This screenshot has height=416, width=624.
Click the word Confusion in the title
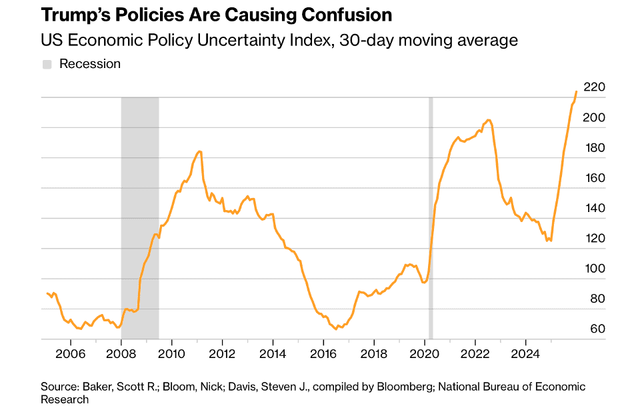point(345,15)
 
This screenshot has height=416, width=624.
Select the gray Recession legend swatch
point(47,64)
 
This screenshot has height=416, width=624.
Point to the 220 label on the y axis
point(593,87)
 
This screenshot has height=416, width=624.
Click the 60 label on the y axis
point(597,329)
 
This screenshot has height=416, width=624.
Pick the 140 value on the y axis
point(593,208)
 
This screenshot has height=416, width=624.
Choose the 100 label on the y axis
point(593,269)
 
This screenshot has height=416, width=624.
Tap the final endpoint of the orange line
point(576,92)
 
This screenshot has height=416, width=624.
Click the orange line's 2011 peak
point(199,151)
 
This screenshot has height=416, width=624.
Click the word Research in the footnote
point(65,399)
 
